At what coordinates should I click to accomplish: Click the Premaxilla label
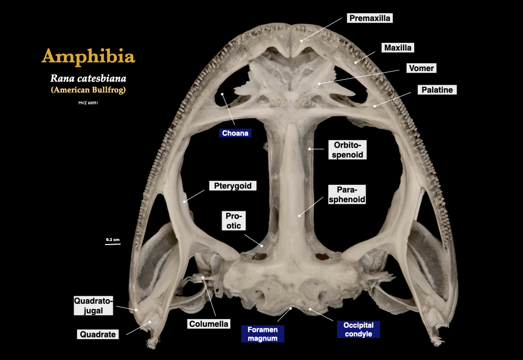[370, 18]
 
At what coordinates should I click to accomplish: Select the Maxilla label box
[398, 48]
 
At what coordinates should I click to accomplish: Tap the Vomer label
[421, 68]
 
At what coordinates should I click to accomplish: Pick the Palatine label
[437, 90]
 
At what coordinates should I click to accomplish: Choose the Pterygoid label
[232, 186]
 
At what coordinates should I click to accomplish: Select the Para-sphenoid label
[347, 195]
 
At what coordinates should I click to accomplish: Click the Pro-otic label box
[233, 221]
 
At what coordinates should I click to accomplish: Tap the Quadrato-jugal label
[93, 305]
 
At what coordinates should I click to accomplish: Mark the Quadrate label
[98, 334]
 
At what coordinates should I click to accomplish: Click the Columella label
[209, 324]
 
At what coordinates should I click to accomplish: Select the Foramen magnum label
[263, 333]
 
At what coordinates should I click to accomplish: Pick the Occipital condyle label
[358, 329]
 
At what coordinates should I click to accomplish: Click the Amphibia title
[88, 56]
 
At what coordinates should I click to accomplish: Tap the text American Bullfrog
[88, 90]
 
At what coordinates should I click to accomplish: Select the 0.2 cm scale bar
[113, 244]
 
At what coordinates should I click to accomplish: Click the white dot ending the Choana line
[223, 94]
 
